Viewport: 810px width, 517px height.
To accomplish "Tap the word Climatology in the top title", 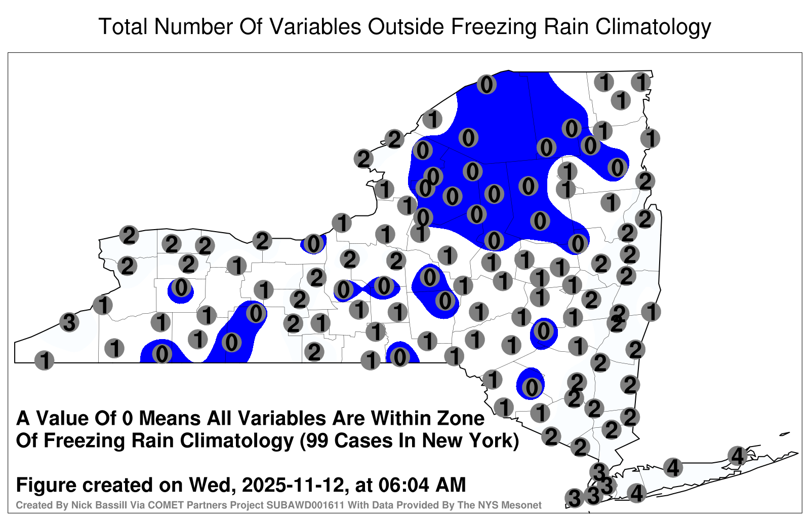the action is coord(653,27).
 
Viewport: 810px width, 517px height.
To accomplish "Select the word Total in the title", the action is coord(123,26).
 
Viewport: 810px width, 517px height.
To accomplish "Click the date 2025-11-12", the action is coord(293,485).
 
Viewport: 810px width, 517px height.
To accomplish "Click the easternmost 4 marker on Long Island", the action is coord(737,456).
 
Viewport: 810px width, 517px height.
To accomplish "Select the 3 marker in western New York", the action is coord(69,322).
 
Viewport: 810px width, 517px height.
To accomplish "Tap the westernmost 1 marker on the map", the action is coord(44,360).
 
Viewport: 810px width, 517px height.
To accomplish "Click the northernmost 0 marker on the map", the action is coord(487,84).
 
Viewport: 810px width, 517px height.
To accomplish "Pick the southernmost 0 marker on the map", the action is coord(531,387).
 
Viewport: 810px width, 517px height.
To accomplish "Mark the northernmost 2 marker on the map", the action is coord(394,139).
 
